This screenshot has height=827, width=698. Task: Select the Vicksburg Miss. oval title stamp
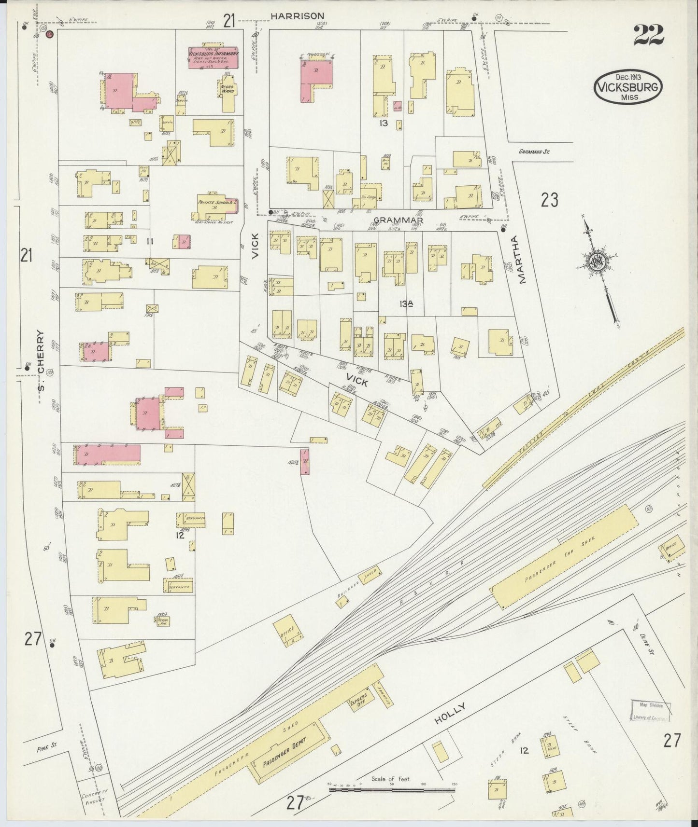pyautogui.click(x=628, y=87)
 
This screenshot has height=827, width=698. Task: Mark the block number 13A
pyautogui.click(x=407, y=303)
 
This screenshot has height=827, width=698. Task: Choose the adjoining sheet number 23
pyautogui.click(x=550, y=200)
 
